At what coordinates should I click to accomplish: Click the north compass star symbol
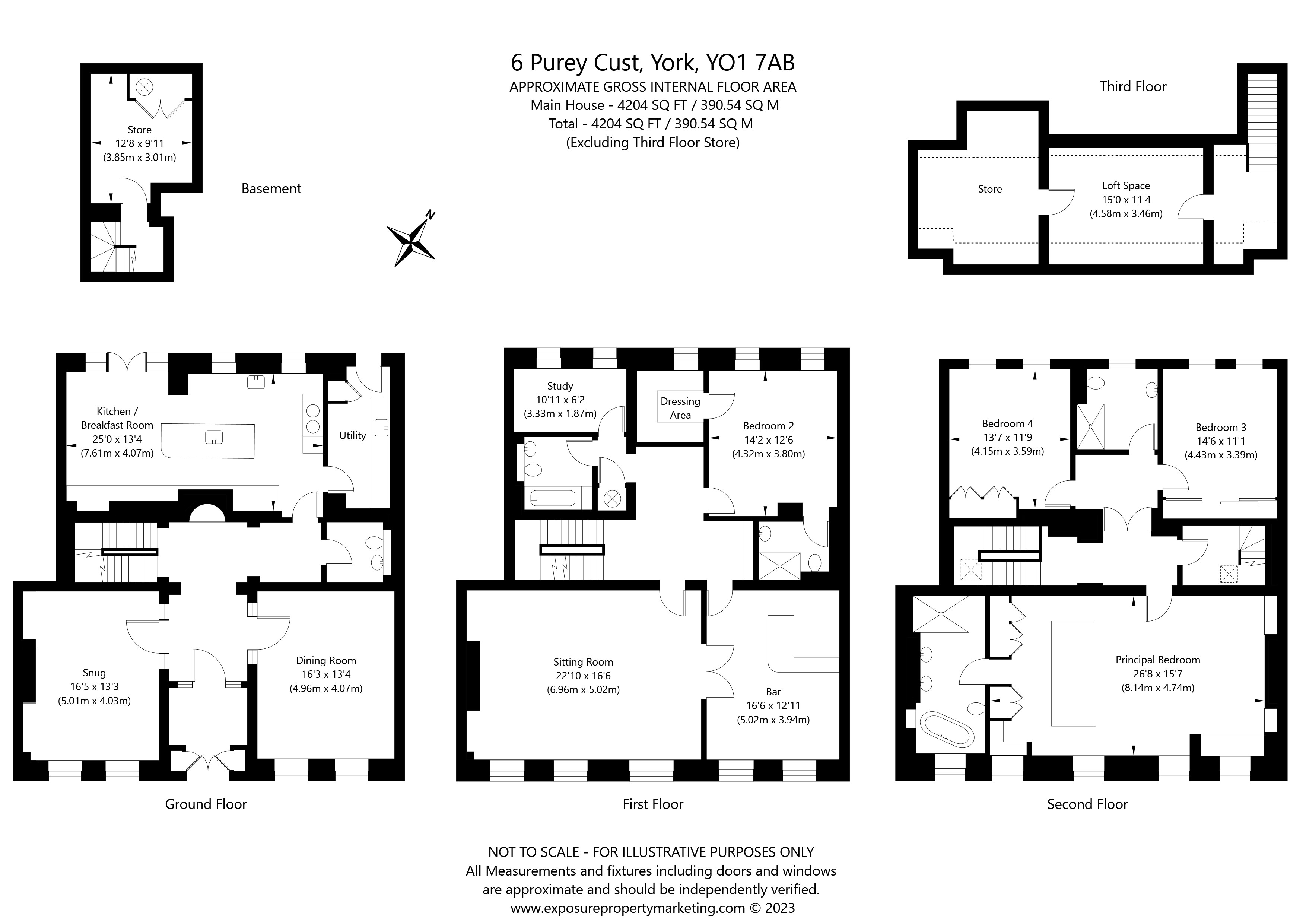tap(411, 242)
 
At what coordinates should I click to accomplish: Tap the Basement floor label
tap(271, 189)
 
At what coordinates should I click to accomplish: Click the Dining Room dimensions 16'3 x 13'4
tap(326, 674)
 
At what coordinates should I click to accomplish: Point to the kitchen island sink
tap(214, 437)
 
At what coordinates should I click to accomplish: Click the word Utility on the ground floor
tap(352, 435)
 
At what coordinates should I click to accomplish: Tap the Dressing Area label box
tap(680, 408)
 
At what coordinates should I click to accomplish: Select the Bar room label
tap(773, 692)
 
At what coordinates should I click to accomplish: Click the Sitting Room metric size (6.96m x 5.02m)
tap(583, 690)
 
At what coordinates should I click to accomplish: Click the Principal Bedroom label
tap(1157, 660)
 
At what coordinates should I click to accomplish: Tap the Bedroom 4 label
tap(1007, 424)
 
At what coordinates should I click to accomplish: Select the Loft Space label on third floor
tap(1126, 185)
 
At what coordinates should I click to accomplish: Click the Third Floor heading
tap(1132, 86)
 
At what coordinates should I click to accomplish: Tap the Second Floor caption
tap(1087, 804)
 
